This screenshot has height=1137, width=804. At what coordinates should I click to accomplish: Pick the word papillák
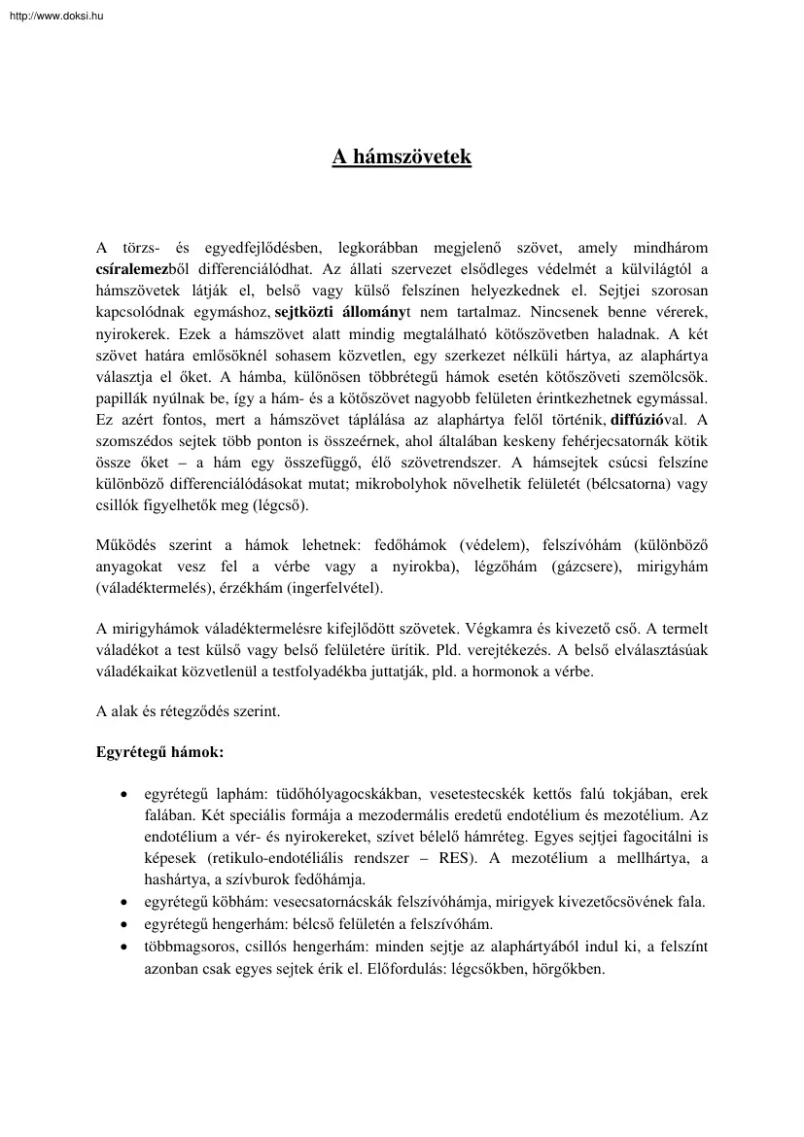click(x=122, y=398)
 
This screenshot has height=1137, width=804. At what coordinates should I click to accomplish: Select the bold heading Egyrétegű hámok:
click(x=160, y=753)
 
